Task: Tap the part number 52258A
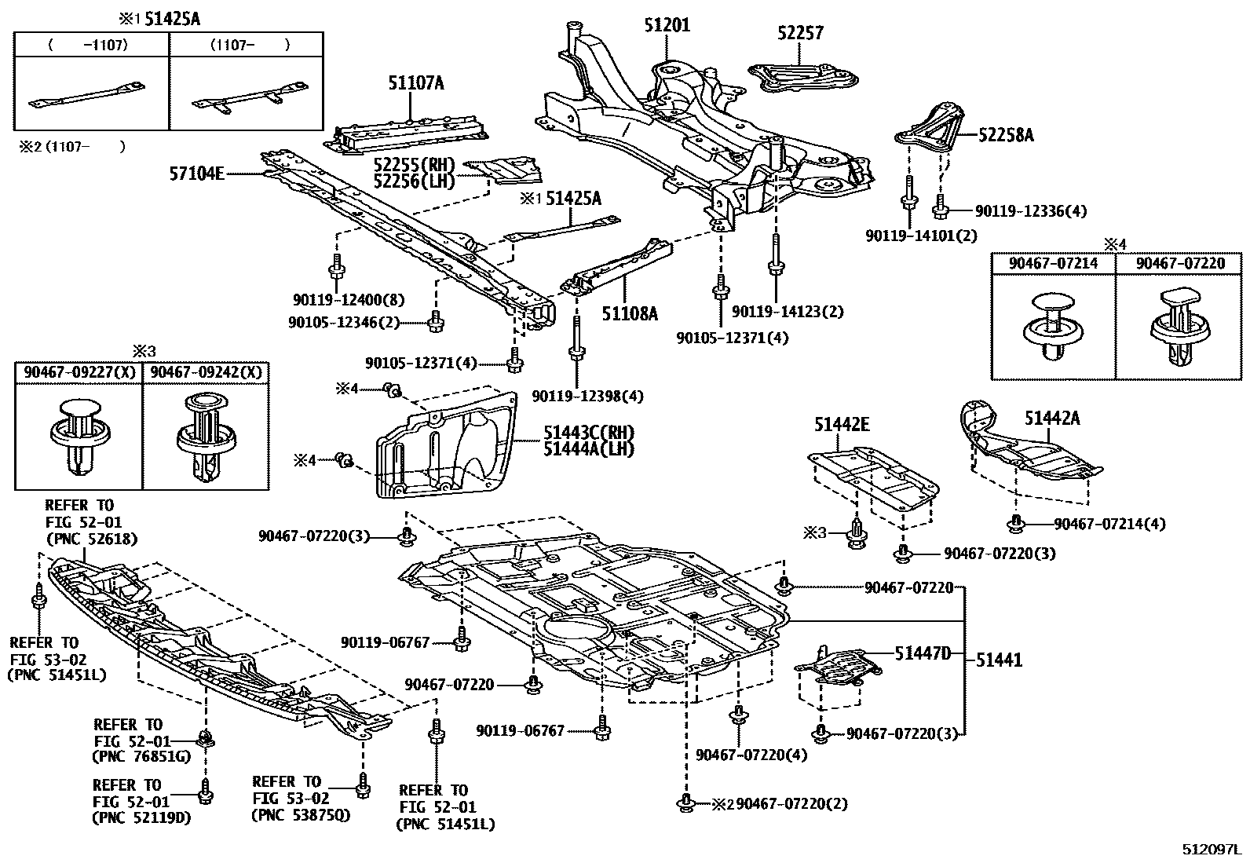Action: [x=1006, y=135]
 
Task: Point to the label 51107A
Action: [x=415, y=82]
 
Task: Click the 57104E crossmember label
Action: [x=197, y=172]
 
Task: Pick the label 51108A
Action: [x=630, y=313]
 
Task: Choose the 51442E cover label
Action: [x=841, y=425]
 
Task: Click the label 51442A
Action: [x=1051, y=419]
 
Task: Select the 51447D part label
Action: [x=923, y=653]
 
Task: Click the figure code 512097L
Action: [x=1212, y=850]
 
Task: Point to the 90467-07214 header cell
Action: [x=1053, y=264]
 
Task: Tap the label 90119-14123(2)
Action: [x=788, y=312]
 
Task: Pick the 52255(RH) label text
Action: [x=415, y=165]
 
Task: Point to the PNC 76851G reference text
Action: [x=141, y=755]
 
